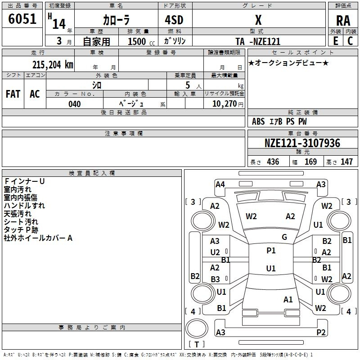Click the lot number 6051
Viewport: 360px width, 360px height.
point(22,19)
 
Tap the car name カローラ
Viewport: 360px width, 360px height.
point(116,20)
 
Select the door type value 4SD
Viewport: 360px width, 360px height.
point(174,20)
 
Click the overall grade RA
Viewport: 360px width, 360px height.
point(343,21)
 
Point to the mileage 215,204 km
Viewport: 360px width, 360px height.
point(53,65)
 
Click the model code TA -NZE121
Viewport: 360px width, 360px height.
point(258,41)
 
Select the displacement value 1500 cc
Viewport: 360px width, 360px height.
point(141,41)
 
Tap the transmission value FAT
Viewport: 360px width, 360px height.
point(13,94)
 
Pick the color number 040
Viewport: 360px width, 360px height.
point(75,104)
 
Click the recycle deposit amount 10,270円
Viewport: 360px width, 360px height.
point(228,104)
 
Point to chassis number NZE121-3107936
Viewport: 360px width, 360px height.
point(302,143)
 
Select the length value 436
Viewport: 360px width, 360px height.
point(273,162)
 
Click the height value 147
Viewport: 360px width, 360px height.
point(346,162)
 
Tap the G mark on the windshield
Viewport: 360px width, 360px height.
point(284,237)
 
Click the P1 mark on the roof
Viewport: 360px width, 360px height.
point(271,251)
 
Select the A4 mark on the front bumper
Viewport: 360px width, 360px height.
point(220,184)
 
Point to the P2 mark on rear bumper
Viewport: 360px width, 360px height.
point(321,332)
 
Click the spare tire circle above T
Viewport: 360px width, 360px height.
point(197,328)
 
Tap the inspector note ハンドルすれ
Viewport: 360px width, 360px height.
point(24,206)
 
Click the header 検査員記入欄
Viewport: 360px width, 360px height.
point(92,173)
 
